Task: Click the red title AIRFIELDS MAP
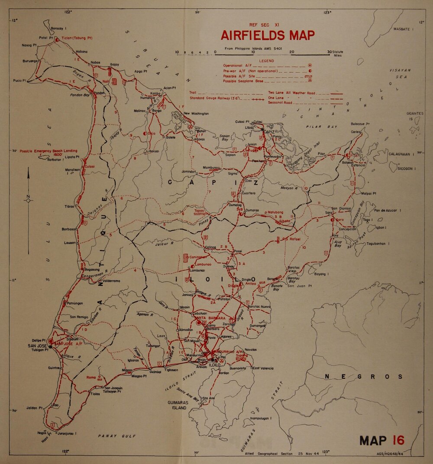click(x=268, y=35)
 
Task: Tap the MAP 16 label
click(x=382, y=440)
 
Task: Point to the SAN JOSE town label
click(x=38, y=346)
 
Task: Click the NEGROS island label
click(x=363, y=377)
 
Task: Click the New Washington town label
click(x=196, y=114)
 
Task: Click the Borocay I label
click(x=58, y=28)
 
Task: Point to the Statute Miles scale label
click(x=337, y=54)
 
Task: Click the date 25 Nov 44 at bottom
click(x=308, y=454)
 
